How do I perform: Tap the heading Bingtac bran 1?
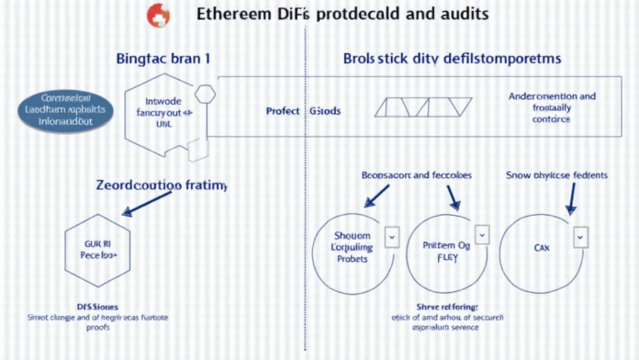pyautogui.click(x=163, y=57)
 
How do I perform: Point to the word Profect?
pyautogui.click(x=283, y=111)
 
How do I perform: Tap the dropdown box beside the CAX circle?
pyautogui.click(x=579, y=238)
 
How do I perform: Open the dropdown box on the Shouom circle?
pyautogui.click(x=391, y=238)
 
